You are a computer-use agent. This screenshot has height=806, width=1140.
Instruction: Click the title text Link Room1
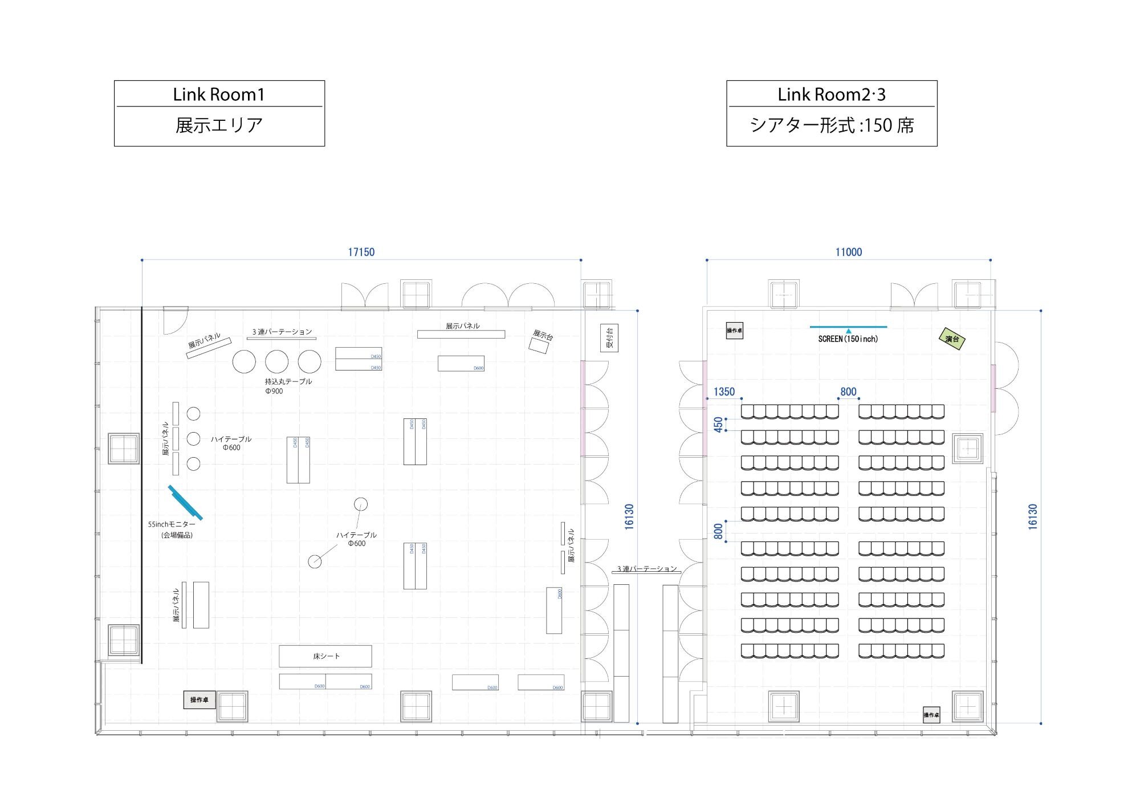click(x=219, y=94)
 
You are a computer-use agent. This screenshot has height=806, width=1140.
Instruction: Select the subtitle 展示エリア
click(x=219, y=125)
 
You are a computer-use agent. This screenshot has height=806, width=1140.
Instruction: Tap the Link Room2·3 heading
click(x=832, y=94)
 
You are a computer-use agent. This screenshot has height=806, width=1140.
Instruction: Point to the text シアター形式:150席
click(x=832, y=125)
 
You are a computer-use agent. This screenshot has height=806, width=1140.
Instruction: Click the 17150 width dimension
click(x=361, y=252)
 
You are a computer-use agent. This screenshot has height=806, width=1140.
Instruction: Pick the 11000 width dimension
click(x=848, y=252)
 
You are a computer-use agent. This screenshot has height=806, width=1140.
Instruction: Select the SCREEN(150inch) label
click(x=848, y=339)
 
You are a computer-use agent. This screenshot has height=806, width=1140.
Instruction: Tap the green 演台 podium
click(x=951, y=339)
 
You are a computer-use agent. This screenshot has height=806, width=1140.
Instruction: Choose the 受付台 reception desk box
click(x=609, y=338)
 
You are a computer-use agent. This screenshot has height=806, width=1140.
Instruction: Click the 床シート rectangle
click(x=325, y=656)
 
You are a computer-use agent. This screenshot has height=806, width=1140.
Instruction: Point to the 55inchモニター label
click(x=172, y=524)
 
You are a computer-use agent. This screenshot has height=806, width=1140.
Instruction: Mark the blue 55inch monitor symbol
click(x=185, y=502)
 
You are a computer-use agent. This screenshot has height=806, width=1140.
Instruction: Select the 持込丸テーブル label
click(x=288, y=381)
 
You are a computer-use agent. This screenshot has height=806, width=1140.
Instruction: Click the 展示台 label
click(x=543, y=335)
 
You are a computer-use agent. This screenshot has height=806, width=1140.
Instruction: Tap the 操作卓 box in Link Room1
click(x=199, y=699)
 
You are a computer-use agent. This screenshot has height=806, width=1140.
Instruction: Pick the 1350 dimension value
click(x=724, y=392)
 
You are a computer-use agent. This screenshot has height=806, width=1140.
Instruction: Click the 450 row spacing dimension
click(x=718, y=424)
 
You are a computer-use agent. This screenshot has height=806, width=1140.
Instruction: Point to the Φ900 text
click(x=274, y=391)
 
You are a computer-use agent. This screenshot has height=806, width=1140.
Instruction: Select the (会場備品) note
click(x=177, y=535)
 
